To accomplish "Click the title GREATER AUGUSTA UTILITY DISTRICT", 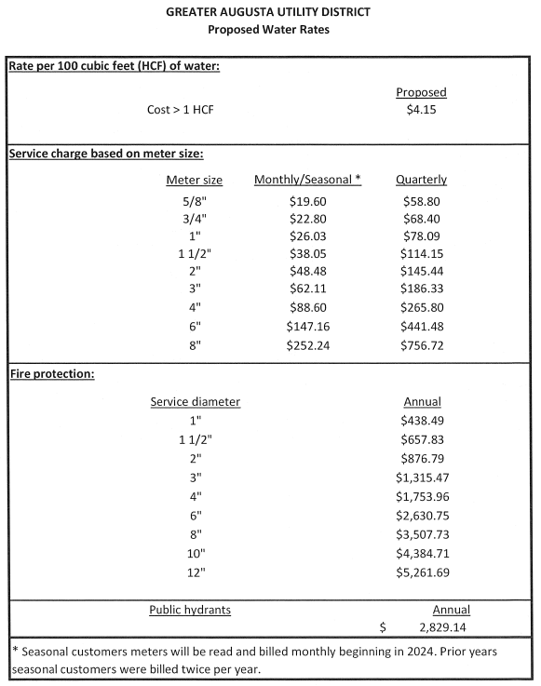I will (268, 12).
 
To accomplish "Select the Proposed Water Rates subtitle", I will (268, 29).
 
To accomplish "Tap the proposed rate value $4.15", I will (421, 109).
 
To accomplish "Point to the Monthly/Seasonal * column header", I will (307, 180).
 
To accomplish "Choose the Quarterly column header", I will (421, 180).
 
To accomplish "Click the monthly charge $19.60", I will (307, 200).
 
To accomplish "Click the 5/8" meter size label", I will (194, 200).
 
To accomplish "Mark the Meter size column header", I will (194, 180).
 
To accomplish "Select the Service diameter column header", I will (195, 402).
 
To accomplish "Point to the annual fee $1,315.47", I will (421, 476).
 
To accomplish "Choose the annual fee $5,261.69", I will (421, 572).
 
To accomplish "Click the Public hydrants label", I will (190, 610).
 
